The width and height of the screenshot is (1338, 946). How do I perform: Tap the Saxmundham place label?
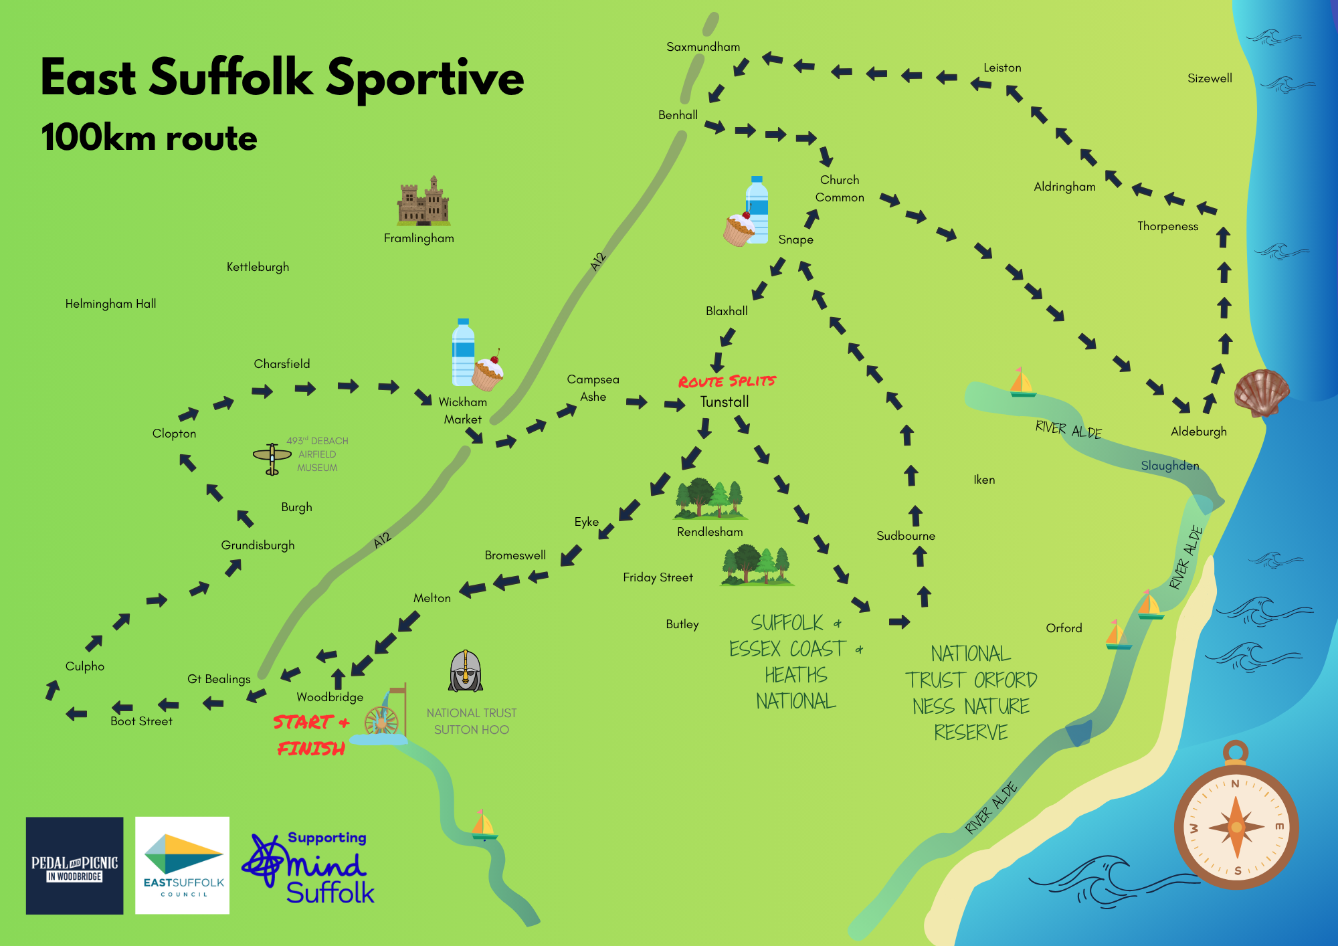(703, 47)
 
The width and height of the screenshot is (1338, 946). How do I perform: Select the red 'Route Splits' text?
(727, 381)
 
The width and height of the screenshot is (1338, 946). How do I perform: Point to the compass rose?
(1236, 826)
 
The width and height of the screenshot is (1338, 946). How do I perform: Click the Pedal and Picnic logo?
(74, 866)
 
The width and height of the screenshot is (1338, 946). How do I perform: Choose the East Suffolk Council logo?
(183, 866)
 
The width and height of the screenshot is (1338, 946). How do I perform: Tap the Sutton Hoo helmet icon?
(466, 671)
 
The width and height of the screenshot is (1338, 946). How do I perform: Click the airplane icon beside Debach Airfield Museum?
(272, 458)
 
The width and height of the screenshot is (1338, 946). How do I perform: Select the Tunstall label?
(725, 402)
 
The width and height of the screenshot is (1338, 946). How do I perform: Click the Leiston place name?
(1002, 68)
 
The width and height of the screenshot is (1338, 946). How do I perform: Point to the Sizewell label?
(1210, 78)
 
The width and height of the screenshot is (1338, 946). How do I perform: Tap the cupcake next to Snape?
(739, 229)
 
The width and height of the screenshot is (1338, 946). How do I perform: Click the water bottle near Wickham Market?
(463, 353)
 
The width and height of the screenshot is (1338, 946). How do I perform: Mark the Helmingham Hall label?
(110, 304)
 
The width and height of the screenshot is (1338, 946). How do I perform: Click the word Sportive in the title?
(425, 79)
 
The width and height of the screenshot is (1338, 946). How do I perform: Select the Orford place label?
(1064, 628)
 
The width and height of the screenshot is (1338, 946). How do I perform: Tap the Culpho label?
(85, 666)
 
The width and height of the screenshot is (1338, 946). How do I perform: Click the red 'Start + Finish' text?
(311, 735)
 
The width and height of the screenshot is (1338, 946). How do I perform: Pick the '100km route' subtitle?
(149, 138)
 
